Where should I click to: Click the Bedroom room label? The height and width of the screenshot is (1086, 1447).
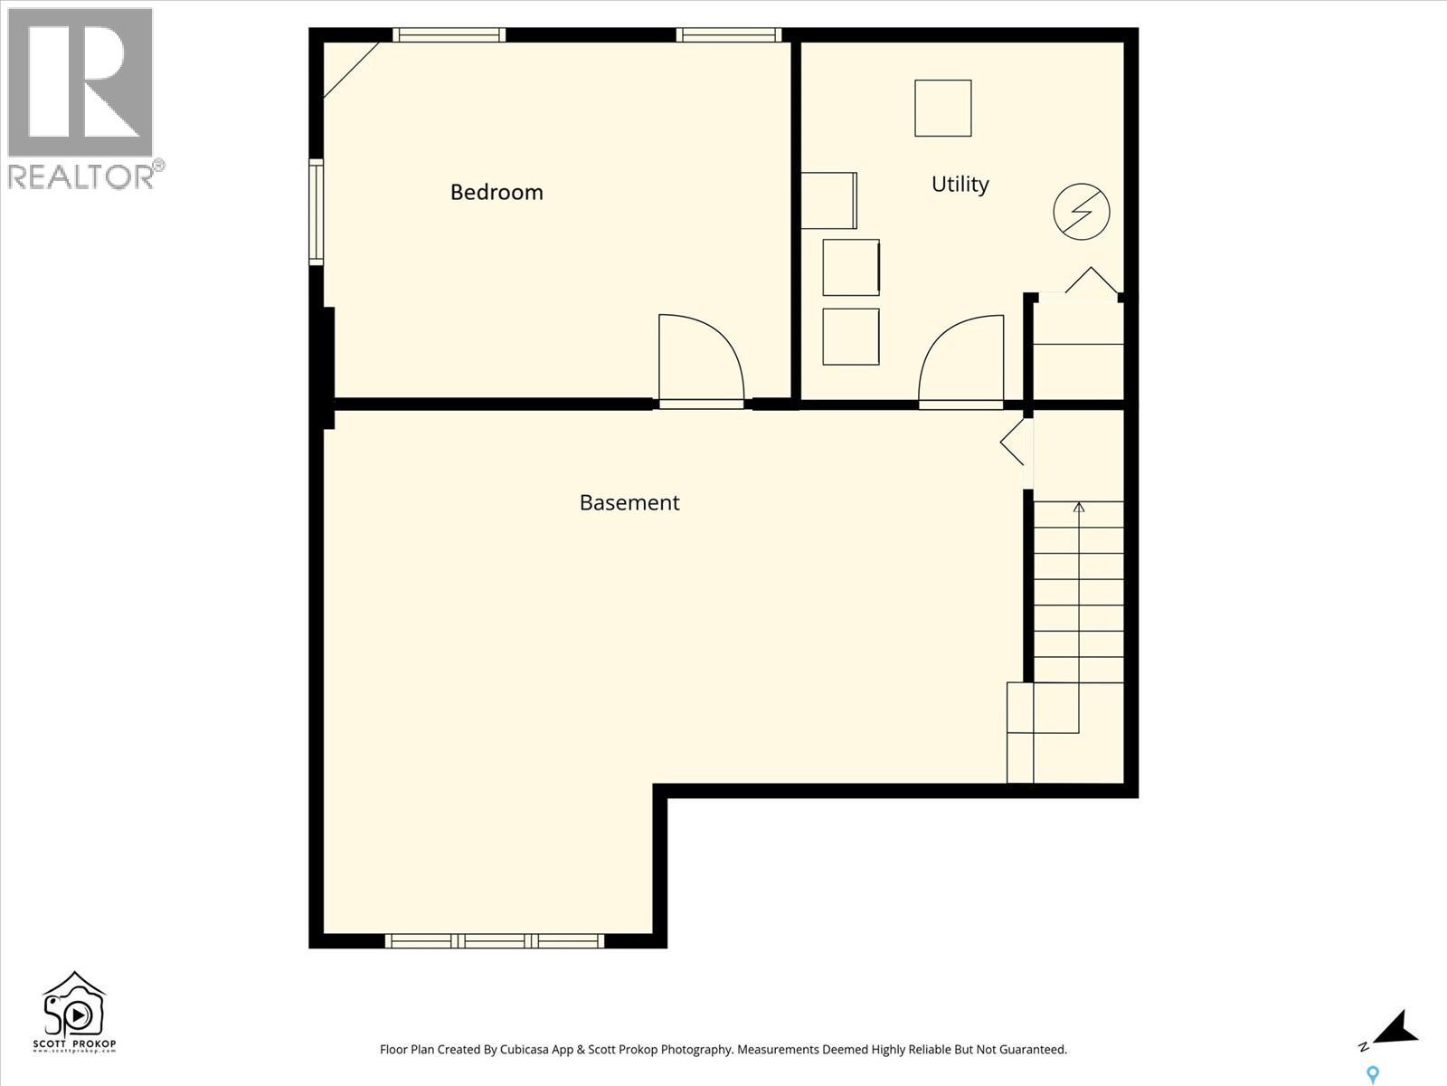pos(497,192)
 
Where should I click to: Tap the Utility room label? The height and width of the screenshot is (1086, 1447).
pos(960,184)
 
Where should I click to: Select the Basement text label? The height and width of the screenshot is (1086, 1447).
pos(629,502)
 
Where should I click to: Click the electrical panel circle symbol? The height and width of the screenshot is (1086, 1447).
pos(1081,212)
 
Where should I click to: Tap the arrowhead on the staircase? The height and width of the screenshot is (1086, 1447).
pos(1078,508)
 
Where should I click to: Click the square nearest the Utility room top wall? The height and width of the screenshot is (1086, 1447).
pos(942,108)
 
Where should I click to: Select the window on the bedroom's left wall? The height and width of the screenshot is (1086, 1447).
pos(317,212)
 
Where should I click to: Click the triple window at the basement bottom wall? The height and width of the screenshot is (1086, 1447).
pos(495,941)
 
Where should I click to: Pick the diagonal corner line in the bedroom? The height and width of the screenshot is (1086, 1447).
pos(351,70)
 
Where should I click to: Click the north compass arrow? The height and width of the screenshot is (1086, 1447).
pos(1395,1029)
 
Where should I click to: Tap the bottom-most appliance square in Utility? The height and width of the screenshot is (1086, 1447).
pos(851,337)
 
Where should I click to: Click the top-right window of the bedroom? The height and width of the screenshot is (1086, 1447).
pos(729,35)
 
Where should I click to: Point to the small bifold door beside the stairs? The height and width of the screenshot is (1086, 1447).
pos(1013,442)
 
